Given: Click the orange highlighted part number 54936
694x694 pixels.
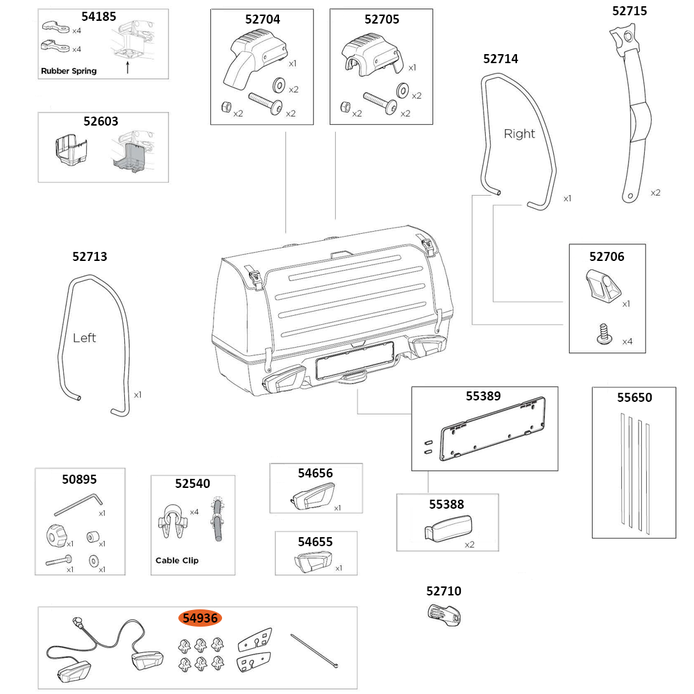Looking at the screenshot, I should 201,618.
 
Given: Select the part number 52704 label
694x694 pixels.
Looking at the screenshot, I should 262,19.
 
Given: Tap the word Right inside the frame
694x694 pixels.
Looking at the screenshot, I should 519,134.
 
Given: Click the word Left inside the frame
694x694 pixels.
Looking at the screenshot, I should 84,338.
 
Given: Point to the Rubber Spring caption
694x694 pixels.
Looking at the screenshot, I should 69,71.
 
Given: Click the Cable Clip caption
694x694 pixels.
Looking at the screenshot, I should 176,560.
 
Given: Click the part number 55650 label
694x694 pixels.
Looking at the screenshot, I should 634,398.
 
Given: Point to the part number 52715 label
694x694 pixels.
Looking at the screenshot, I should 629,10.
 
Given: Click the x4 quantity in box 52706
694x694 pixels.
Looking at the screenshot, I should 627,341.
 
